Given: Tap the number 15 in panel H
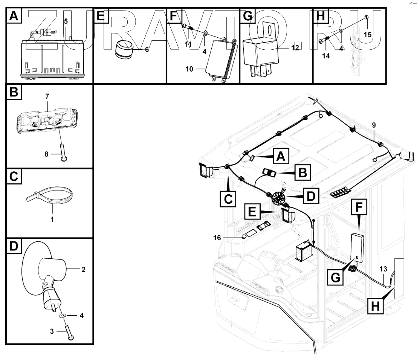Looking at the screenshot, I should click(368, 34).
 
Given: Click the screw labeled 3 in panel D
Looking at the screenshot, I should click(70, 334).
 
